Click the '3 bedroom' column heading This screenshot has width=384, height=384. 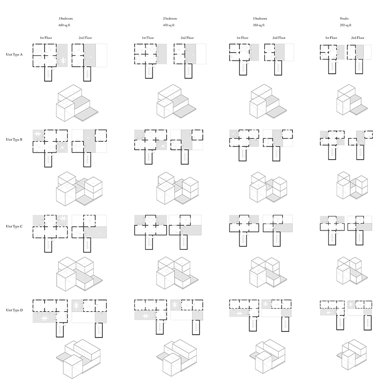point(66,18)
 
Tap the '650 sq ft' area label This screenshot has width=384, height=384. point(64,24)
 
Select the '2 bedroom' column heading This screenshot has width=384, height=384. point(170,18)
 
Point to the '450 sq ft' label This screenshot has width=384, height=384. point(169,24)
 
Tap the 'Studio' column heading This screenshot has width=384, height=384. point(345,18)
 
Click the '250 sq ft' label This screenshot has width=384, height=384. point(346,24)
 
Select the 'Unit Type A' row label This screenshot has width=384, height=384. point(14,55)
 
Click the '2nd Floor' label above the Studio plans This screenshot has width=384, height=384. point(358,38)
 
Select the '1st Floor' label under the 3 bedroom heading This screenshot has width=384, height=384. point(46,38)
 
